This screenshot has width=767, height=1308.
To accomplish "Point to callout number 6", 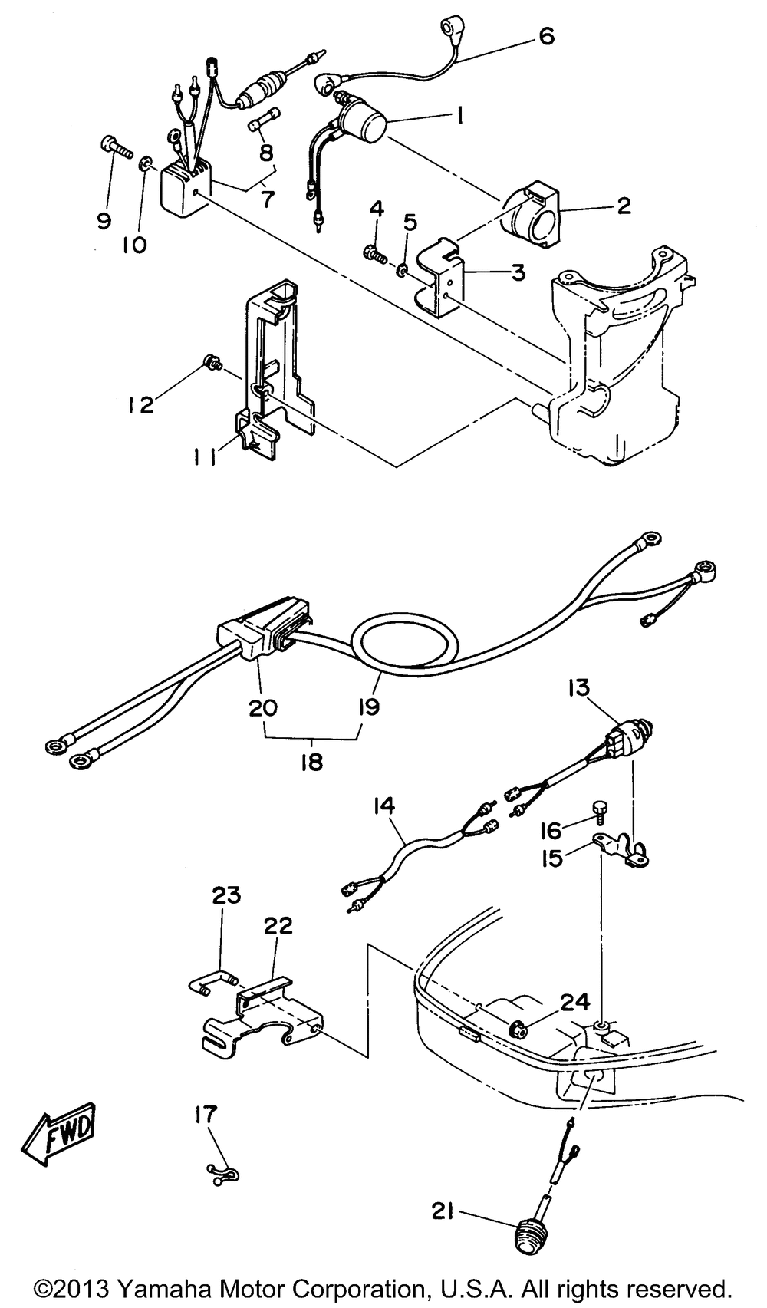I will pyautogui.click(x=545, y=36).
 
